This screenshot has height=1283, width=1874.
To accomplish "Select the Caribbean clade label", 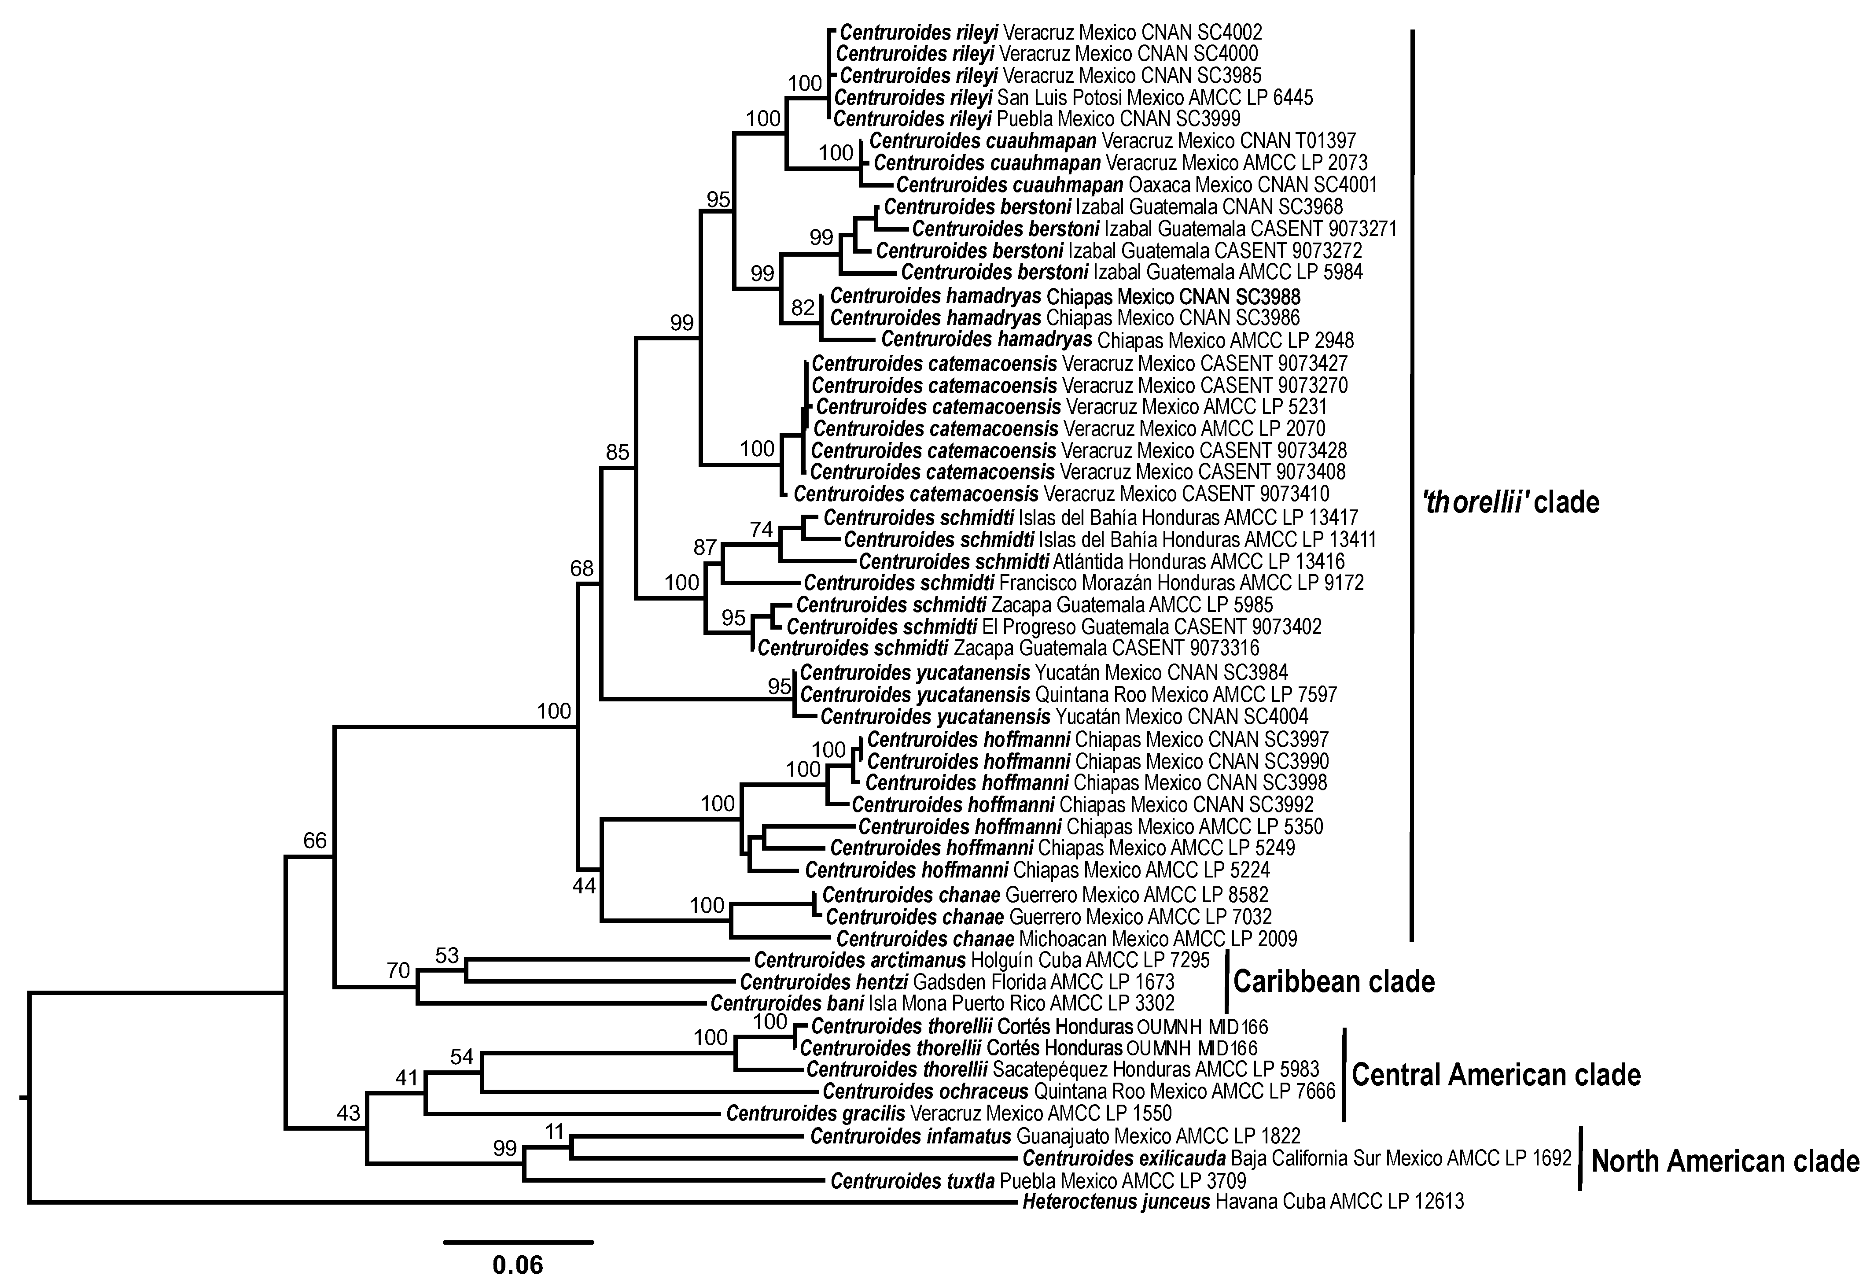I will pyautogui.click(x=1334, y=981).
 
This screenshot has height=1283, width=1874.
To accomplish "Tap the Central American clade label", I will pyautogui.click(x=1496, y=1075).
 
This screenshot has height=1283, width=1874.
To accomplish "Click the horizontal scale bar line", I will pyautogui.click(x=518, y=1242).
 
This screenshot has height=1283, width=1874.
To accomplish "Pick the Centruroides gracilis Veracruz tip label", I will pyautogui.click(x=948, y=1113).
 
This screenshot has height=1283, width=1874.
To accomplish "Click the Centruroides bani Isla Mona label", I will pyautogui.click(x=942, y=1003).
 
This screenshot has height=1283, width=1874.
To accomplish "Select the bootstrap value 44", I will pyautogui.click(x=584, y=886).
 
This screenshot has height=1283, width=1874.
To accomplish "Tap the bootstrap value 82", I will pyautogui.click(x=803, y=307).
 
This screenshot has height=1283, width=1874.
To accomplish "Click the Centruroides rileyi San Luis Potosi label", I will pyautogui.click(x=1072, y=98).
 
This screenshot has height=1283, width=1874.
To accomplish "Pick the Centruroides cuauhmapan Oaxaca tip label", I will pyautogui.click(x=1136, y=184).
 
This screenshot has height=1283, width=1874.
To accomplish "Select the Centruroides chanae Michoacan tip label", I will pyautogui.click(x=1066, y=939).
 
